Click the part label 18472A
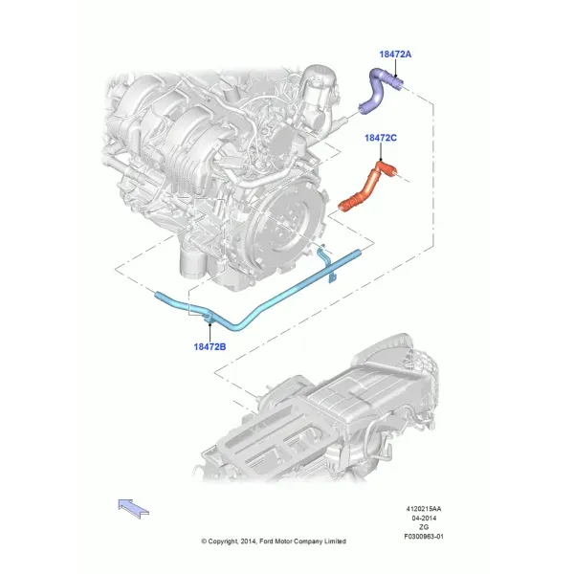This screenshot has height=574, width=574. pos(395,55)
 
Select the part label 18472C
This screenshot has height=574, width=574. pos(381,138)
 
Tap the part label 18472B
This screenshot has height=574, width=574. pos(210,346)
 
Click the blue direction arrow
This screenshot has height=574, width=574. pos(133,509)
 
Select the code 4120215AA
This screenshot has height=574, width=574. pos(424,509)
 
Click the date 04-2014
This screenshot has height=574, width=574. pos(424,518)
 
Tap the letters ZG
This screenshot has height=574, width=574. pos(424,527)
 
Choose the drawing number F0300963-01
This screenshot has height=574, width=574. pos(424,537)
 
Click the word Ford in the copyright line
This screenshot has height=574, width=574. pos(266,541)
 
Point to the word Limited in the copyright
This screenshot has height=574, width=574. pos(335,541)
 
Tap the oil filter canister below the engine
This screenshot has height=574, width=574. pos(191,262)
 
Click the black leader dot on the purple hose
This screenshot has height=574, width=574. pos(395,77)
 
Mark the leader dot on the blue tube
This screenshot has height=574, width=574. pos(210,323)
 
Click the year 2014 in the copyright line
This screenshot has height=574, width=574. pos(248,541)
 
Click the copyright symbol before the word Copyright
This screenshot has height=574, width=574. pos(204,541)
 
